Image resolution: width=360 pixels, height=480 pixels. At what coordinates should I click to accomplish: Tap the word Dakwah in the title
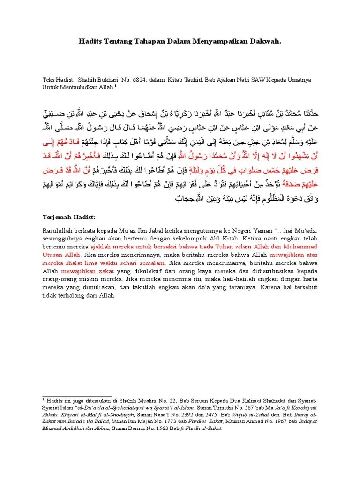(267, 42)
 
